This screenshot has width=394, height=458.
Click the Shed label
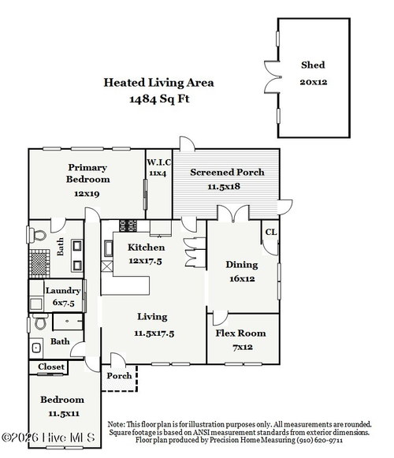(313, 65)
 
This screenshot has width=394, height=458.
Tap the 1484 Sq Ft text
(159, 99)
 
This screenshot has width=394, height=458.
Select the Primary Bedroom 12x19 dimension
(87, 193)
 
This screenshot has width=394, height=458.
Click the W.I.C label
(159, 162)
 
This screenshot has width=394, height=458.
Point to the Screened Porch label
(227, 173)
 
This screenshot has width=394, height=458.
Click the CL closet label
(271, 232)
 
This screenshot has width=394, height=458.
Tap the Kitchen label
(146, 248)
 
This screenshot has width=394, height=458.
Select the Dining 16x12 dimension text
(242, 278)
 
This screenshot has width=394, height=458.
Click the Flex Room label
(240, 333)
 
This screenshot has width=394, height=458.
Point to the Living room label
(152, 317)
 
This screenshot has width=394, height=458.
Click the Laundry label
(63, 291)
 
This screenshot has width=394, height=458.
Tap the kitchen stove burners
(128, 225)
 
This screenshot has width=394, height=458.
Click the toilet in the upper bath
(38, 235)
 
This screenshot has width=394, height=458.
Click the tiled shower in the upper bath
(39, 263)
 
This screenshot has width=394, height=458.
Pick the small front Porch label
(119, 376)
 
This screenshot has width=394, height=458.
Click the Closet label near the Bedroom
(51, 367)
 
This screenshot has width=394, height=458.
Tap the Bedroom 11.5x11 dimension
(64, 414)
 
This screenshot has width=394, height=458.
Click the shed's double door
(273, 77)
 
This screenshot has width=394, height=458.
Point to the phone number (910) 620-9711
(319, 440)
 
